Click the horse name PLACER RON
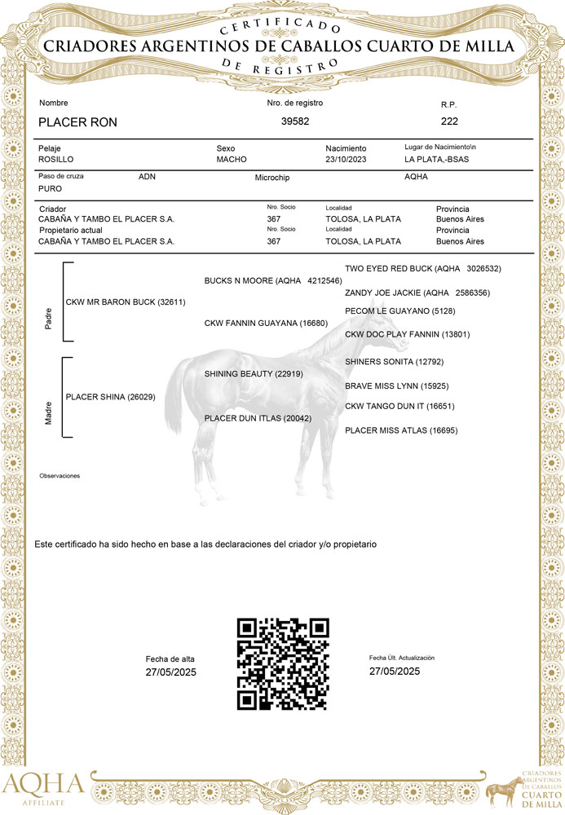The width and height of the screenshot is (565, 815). point(78,122)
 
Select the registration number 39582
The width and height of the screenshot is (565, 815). point(295,121)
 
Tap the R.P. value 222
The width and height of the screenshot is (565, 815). point(449,121)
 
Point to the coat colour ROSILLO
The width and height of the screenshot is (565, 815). point(57,160)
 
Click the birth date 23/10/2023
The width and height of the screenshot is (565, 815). point(347,160)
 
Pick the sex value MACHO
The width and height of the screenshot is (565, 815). point(232,160)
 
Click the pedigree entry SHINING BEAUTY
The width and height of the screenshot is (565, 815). point(254,374)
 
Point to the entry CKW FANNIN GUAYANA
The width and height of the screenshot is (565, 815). point(266,324)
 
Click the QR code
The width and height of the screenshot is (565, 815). point(282,663)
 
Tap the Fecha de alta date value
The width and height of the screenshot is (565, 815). point(171,673)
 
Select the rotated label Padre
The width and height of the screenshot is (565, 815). point(47,319)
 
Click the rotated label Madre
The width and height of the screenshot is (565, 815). point(47,412)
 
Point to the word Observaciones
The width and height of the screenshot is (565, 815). point(60,476)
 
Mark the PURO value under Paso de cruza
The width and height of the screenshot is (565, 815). point(51,188)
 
